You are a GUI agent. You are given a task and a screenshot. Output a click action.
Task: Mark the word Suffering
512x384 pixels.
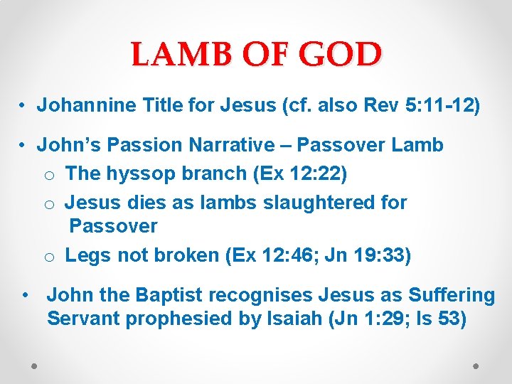[452, 294]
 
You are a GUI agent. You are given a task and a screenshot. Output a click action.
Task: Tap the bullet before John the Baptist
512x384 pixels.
[26, 294]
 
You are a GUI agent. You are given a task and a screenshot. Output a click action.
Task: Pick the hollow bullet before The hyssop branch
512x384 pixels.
[48, 174]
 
